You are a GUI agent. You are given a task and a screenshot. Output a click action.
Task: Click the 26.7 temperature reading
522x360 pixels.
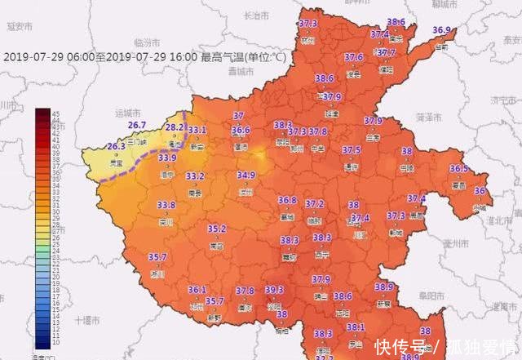point(137,125)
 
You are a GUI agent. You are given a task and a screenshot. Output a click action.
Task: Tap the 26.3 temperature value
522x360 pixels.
point(116,146)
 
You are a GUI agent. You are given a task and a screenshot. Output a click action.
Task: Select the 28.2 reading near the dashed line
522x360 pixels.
point(175,128)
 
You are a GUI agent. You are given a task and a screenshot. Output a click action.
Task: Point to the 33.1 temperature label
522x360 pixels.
point(197,131)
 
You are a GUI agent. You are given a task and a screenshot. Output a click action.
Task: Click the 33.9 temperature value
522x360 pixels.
point(167,158)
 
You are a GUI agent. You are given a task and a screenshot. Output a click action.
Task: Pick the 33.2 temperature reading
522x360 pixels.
point(195,176)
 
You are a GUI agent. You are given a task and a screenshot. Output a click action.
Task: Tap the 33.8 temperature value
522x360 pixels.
point(166,205)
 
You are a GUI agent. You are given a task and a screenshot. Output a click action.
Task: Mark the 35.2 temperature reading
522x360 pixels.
point(216,229)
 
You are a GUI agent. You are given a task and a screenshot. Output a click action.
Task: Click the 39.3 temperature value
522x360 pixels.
point(274,289)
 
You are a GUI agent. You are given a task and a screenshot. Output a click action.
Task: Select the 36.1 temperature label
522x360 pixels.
point(197,290)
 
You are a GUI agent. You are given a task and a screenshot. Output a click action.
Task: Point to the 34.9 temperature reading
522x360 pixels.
point(246,175)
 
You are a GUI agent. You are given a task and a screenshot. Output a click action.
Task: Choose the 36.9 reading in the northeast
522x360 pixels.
point(441,30)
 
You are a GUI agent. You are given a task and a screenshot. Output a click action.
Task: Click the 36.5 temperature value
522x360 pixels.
point(458,169)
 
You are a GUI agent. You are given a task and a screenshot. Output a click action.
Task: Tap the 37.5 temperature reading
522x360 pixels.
point(351,150)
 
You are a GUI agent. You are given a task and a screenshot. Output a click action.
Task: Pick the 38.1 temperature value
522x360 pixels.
point(355,327)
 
